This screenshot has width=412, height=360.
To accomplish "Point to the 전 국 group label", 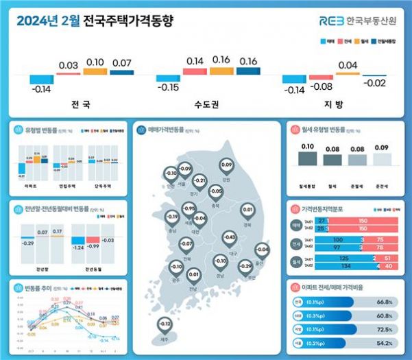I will coord(80,106).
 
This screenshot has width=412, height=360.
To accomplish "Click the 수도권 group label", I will coord(206,106).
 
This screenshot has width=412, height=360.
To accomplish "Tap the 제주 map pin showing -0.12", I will coord(164,324).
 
